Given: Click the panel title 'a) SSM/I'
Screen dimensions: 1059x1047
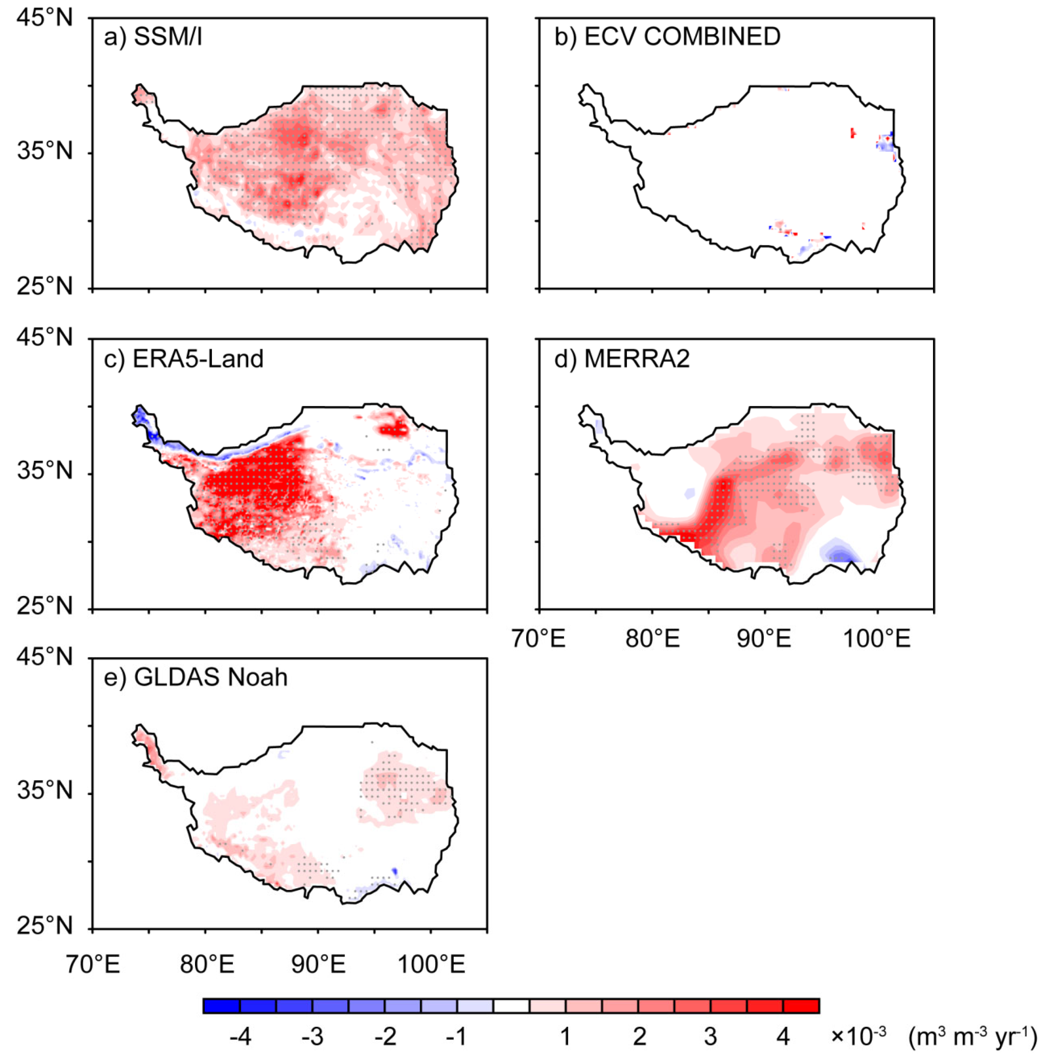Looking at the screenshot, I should click(x=153, y=37).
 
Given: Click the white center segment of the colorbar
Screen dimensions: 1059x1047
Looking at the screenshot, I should click(x=511, y=1006).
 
